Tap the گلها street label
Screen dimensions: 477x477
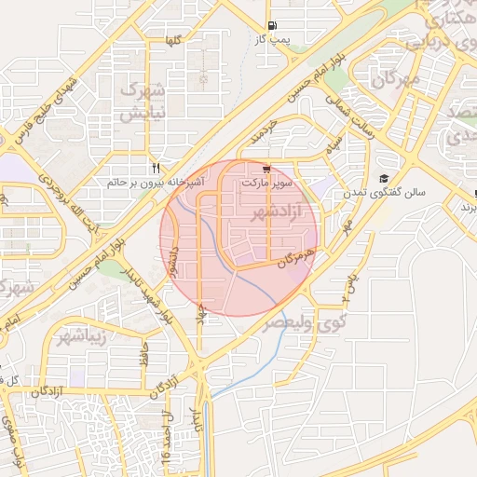171,41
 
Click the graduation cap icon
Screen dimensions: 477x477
383,178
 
